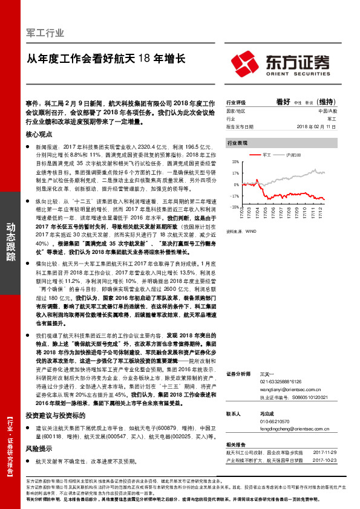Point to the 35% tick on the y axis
coord(235,162)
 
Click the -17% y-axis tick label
coord(235,196)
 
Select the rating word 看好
coord(283,102)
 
